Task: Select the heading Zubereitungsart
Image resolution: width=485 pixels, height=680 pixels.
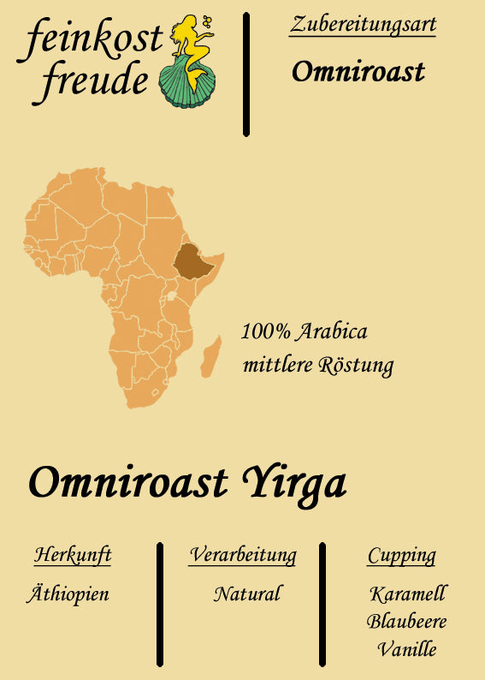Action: coord(363,24)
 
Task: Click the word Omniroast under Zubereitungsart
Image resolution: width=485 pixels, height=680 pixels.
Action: coord(358,72)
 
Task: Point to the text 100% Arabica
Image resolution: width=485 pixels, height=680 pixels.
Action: coord(305,331)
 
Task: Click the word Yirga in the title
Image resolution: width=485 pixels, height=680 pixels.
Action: coord(296,483)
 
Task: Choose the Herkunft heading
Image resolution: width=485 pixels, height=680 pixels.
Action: coord(73,555)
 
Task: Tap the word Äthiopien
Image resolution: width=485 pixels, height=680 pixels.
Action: coord(68,594)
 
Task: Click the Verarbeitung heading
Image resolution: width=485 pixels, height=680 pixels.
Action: coord(243,555)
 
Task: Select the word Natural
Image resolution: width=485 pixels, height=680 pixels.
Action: coord(247,594)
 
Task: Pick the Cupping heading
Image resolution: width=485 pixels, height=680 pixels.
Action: coord(401,556)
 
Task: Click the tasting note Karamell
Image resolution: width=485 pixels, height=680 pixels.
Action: coord(408,594)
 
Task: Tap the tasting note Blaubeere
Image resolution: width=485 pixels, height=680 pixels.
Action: coord(407,621)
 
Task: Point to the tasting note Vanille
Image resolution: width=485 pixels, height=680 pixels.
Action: coord(407,649)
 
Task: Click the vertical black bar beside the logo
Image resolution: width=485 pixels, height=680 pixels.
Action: coord(246,74)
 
